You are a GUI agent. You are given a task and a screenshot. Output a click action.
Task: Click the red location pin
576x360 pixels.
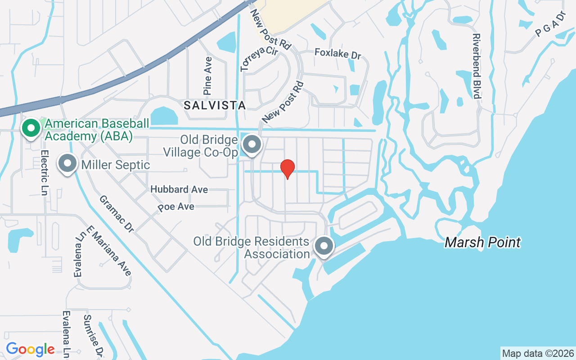(288, 169)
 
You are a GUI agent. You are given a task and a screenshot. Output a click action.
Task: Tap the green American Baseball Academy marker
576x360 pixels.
(31, 128)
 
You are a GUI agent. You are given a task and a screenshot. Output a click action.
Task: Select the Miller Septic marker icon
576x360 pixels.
(67, 164)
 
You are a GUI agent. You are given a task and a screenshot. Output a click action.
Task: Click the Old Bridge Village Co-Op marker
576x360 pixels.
(252, 145)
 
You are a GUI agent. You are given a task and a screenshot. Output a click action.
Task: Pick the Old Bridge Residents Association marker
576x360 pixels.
(324, 246)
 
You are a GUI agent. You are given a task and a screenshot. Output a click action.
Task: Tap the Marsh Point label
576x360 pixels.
(482, 243)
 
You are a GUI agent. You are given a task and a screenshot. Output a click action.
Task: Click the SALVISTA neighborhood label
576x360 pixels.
(215, 105)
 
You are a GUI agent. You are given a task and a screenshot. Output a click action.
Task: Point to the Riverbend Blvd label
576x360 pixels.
(477, 66)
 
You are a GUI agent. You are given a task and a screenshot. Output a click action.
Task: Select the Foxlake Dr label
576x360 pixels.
(337, 54)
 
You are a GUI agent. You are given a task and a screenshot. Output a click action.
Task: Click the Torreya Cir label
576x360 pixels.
(259, 58)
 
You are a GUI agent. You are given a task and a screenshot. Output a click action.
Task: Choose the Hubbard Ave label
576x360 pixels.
(179, 189)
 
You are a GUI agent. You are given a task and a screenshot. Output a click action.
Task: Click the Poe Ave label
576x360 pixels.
(176, 207)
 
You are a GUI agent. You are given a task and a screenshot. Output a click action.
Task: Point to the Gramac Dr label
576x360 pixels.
(117, 213)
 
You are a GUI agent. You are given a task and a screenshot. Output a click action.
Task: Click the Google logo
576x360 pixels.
(30, 349)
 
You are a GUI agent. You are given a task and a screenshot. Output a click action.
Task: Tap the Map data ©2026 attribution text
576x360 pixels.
(538, 353)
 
